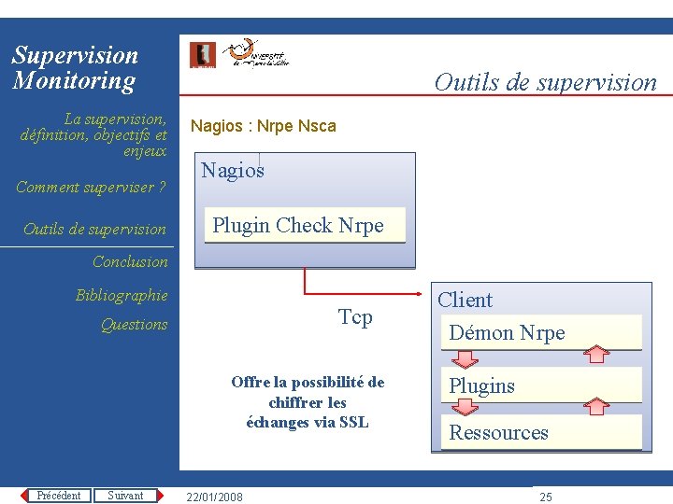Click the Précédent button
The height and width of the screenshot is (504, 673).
tap(58, 496)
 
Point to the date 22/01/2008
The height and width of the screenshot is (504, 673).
tap(214, 497)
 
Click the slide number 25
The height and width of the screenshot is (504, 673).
tap(546, 497)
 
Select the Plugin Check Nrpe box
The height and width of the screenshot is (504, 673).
tap(305, 225)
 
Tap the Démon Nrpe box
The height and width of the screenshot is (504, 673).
tap(541, 332)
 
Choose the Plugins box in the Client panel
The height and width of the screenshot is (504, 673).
tap(541, 385)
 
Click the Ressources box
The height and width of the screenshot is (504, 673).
tap(541, 432)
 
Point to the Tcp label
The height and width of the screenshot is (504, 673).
tap(355, 317)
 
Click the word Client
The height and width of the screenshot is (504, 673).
tap(465, 300)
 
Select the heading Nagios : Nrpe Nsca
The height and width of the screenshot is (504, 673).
tap(263, 126)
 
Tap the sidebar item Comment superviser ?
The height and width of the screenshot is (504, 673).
tap(91, 187)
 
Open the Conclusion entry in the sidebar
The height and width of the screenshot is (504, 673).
tap(130, 262)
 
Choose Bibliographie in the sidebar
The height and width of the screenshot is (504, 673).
tap(122, 296)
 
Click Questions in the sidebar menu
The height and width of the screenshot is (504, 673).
tap(134, 325)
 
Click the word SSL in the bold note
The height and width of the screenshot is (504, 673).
tap(354, 422)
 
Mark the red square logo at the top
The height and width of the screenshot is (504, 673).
tap(202, 55)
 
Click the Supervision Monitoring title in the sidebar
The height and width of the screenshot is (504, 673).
tap(75, 68)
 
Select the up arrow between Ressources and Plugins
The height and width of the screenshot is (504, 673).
tap(594, 406)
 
